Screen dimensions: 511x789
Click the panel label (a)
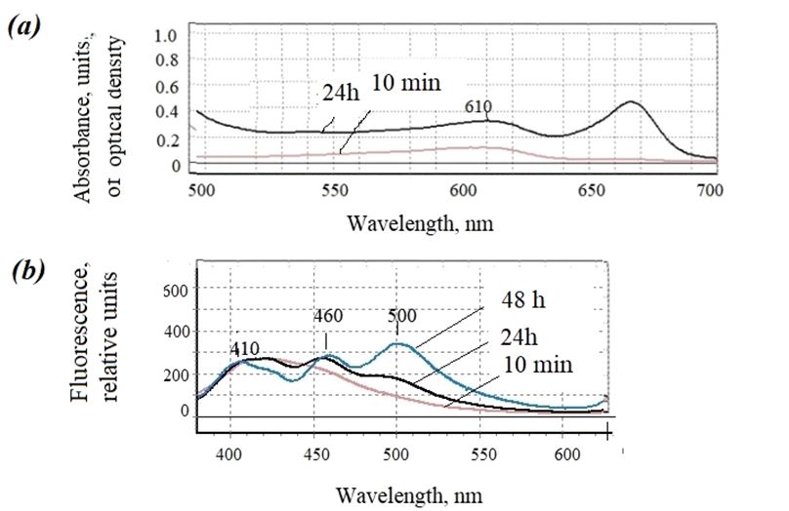pos(23,26)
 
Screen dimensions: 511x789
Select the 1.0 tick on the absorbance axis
pos(168,35)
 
